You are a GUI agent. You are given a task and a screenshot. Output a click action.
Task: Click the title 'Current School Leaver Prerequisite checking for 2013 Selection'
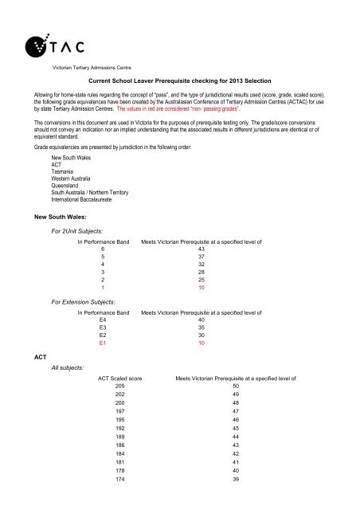(179, 81)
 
